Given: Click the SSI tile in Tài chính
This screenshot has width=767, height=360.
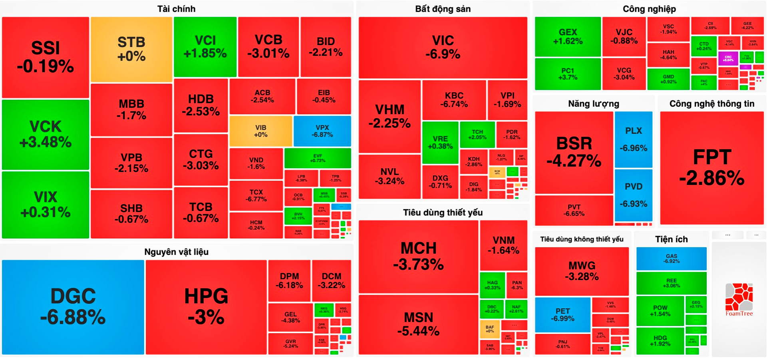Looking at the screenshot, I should point(46,57).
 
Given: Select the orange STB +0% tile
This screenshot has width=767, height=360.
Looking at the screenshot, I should point(131,49).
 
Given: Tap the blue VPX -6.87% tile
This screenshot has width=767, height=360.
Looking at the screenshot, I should point(322,131).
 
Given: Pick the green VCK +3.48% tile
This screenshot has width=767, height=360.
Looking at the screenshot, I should point(46,134).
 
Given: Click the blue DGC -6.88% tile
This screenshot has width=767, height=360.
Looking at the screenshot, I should point(73,307).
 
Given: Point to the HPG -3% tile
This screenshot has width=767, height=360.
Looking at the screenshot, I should point(206,307).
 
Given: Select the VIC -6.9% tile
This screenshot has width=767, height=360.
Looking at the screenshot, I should point(443,47).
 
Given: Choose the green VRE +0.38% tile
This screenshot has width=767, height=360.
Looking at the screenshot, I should point(440,142).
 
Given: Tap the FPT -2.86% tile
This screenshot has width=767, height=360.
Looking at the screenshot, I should point(711,168).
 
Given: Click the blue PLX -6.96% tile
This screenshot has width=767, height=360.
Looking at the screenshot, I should point(633,139).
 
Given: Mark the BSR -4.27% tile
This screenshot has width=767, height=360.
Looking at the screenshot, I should point(574,152).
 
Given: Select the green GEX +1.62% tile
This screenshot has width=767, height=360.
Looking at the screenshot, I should point(568,36).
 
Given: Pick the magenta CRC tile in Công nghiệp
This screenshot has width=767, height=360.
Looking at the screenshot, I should point(728,58).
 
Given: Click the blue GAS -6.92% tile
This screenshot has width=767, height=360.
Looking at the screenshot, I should point(671,259).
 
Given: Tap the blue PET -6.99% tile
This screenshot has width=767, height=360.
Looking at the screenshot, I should point(562,314).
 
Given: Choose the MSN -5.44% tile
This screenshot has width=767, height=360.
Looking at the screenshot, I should point(418,324).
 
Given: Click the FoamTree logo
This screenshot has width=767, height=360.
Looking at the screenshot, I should point(739,300).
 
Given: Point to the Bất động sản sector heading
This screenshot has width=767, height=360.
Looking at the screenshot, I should point(443,9).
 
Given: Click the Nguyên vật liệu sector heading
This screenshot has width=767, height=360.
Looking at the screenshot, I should point(176,252).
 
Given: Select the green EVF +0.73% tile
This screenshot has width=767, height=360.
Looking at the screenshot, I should point(318,158).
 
